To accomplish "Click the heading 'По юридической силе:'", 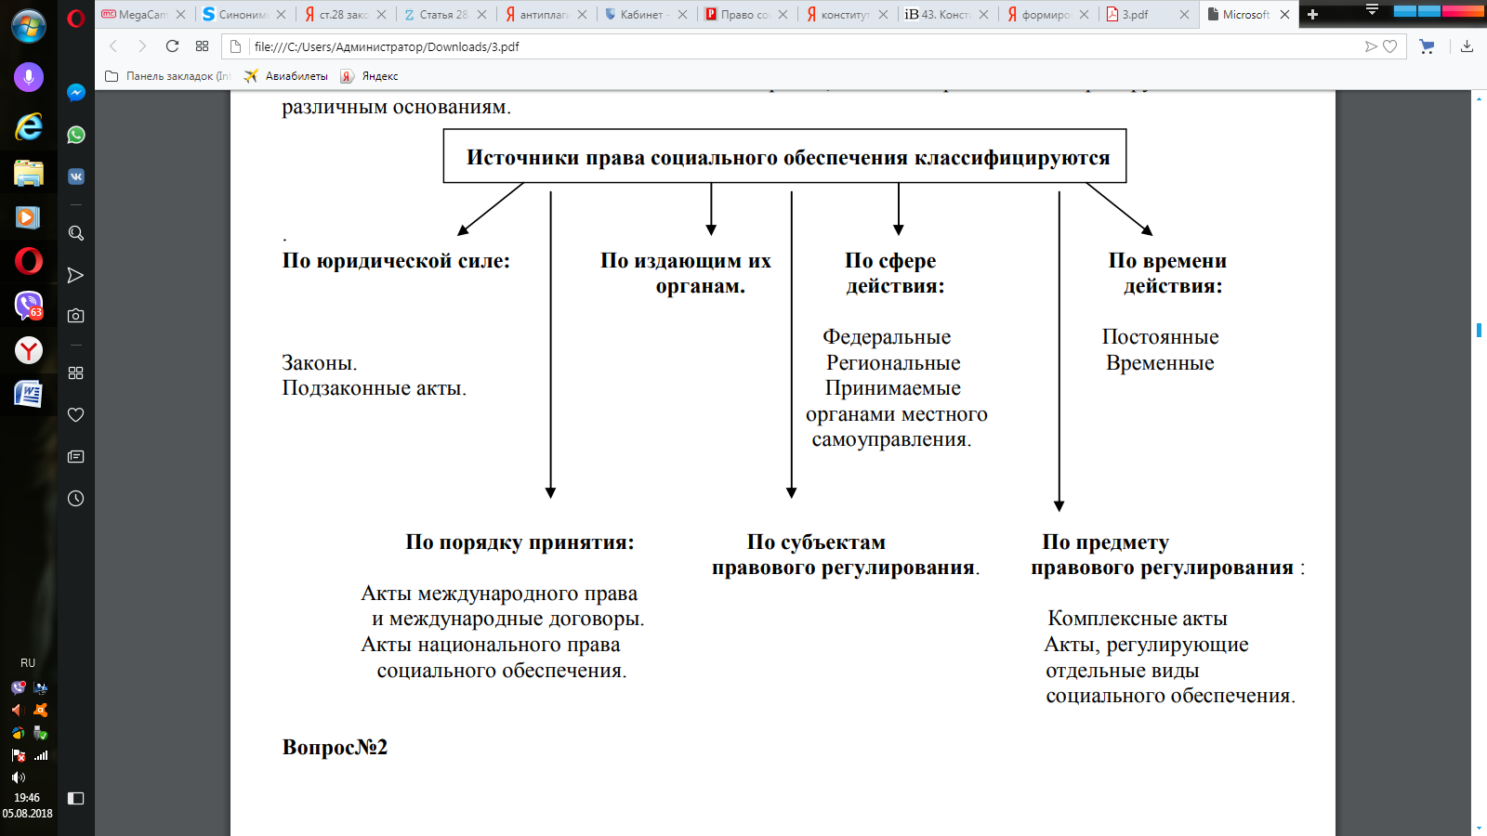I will [396, 261].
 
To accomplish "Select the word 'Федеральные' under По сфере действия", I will [887, 337].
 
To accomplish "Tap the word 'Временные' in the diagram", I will [1160, 363].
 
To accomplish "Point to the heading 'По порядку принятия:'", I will [520, 542].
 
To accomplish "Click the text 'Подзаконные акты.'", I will [375, 388].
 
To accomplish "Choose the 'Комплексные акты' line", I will [1138, 619].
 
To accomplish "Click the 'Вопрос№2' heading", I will [335, 748].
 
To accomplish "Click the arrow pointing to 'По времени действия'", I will [1119, 209].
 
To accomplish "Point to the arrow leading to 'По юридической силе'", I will [491, 209].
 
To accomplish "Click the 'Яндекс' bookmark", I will [379, 76].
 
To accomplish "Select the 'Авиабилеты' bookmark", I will [296, 76].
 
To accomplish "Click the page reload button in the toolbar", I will [172, 46].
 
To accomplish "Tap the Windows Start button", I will [28, 25].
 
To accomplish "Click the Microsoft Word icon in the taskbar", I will [28, 395].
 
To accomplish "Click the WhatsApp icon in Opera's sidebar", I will [76, 135].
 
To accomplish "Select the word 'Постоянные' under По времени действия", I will [1160, 337].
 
